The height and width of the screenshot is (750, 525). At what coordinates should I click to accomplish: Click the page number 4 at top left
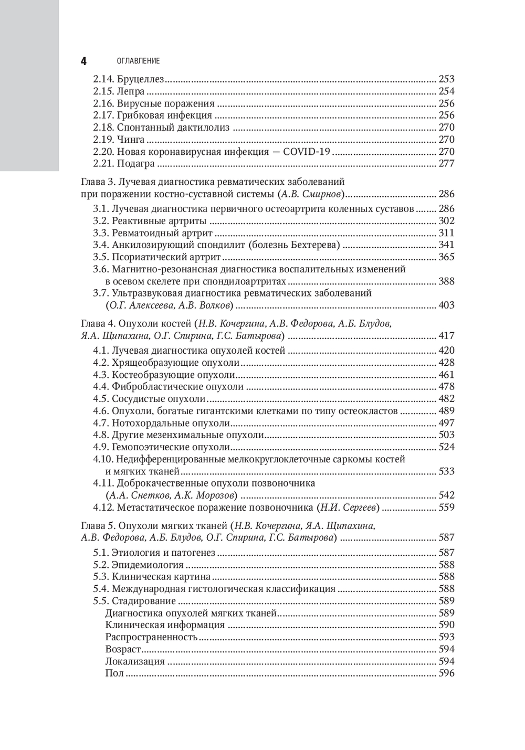click(83, 61)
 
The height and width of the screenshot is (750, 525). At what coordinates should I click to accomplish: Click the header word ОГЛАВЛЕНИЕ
click(138, 61)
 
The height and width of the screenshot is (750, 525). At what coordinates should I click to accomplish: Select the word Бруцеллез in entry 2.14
click(141, 79)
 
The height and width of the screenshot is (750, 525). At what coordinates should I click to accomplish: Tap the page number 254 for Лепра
click(446, 91)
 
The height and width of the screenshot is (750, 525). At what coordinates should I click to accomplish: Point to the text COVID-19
click(307, 152)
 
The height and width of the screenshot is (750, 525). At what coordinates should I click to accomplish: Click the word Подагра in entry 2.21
click(135, 164)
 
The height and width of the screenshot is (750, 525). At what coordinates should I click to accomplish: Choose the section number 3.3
click(101, 233)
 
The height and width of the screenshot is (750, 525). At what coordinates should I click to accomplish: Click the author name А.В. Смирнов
click(312, 194)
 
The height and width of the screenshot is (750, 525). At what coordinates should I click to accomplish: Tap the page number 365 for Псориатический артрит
click(446, 257)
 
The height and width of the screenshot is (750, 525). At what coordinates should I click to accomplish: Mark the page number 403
click(446, 305)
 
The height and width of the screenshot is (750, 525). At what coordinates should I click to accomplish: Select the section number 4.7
click(101, 423)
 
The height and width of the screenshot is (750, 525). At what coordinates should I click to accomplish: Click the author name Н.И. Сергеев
click(348, 508)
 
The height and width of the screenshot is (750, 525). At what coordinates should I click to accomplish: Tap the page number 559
click(446, 508)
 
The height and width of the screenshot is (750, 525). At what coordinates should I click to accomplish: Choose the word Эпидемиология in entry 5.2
click(148, 565)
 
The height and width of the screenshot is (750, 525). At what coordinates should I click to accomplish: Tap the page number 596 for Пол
click(446, 673)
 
